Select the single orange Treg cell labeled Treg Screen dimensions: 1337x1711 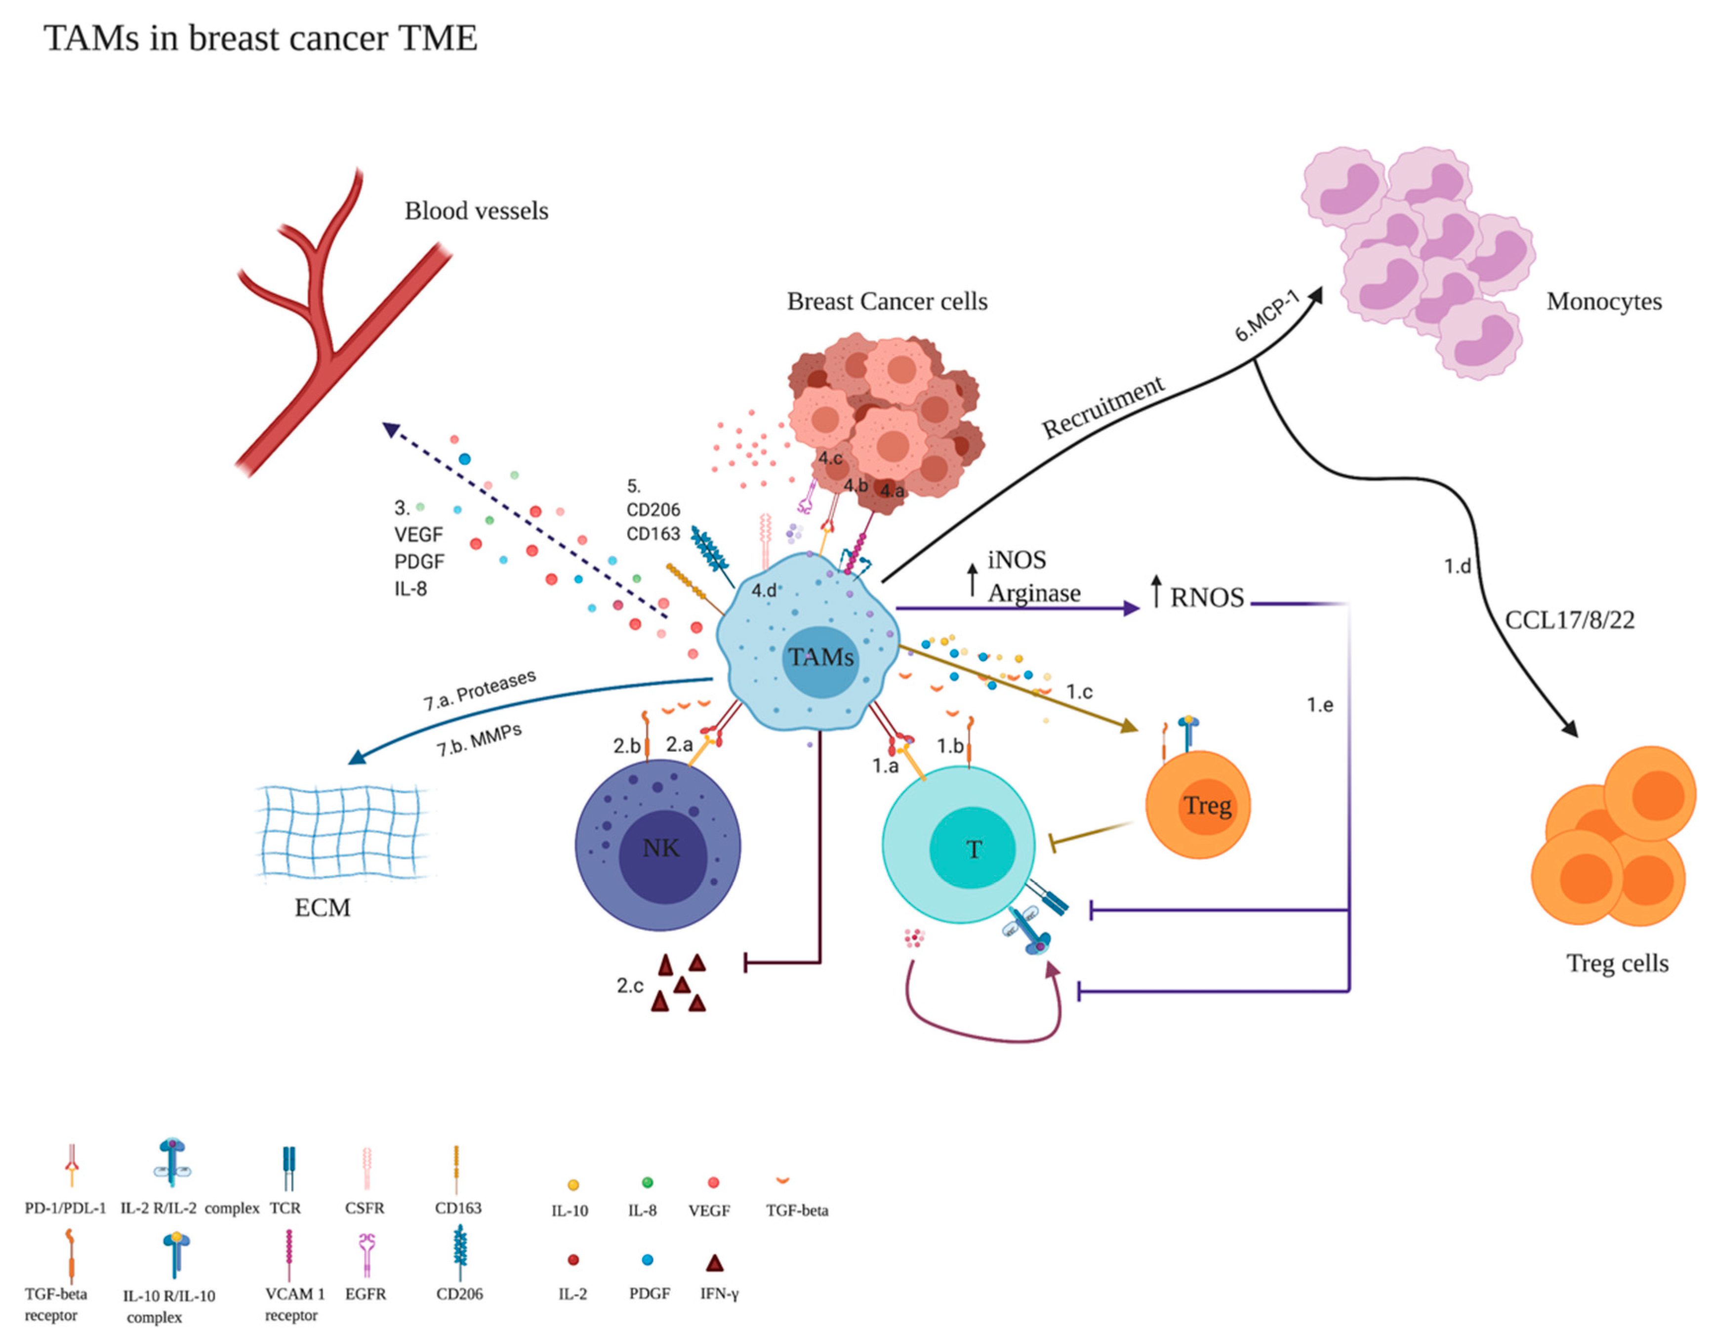pos(1197,805)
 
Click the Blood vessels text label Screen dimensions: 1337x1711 pos(476,211)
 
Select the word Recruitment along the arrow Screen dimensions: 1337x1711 pos(1102,408)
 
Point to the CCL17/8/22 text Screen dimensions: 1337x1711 pos(1569,620)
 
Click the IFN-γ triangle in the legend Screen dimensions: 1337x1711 pos(714,1262)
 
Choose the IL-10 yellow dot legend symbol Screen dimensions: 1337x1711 pos(572,1185)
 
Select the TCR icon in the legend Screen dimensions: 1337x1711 pos(288,1168)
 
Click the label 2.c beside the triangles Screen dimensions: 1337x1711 pos(630,985)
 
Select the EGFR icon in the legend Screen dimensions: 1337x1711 pos(367,1253)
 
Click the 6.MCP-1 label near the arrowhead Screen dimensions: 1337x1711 pos(1266,316)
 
